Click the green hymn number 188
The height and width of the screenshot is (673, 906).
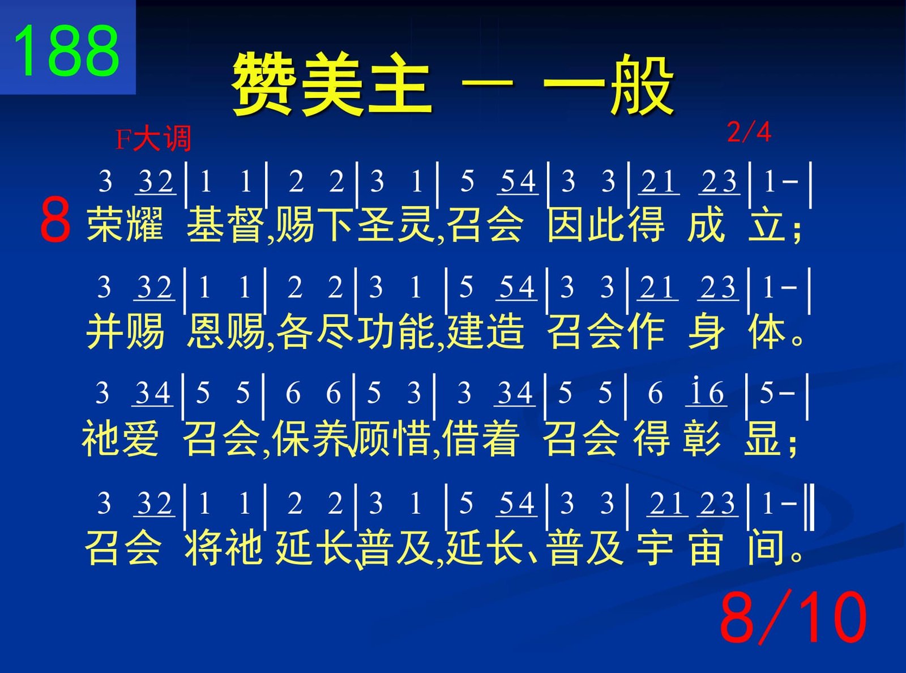(x=67, y=50)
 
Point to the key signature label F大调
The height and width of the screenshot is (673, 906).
(x=153, y=139)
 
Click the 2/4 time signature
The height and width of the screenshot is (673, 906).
(x=749, y=132)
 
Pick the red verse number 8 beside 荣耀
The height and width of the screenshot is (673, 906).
(x=55, y=219)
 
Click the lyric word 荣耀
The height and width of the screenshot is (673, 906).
(x=125, y=224)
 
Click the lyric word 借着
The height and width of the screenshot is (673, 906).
(x=481, y=438)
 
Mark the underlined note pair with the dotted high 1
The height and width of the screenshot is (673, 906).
(x=706, y=393)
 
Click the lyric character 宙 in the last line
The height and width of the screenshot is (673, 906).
(x=706, y=547)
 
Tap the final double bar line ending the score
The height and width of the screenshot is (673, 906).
(x=811, y=506)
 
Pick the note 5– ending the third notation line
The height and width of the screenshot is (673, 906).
(x=777, y=393)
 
